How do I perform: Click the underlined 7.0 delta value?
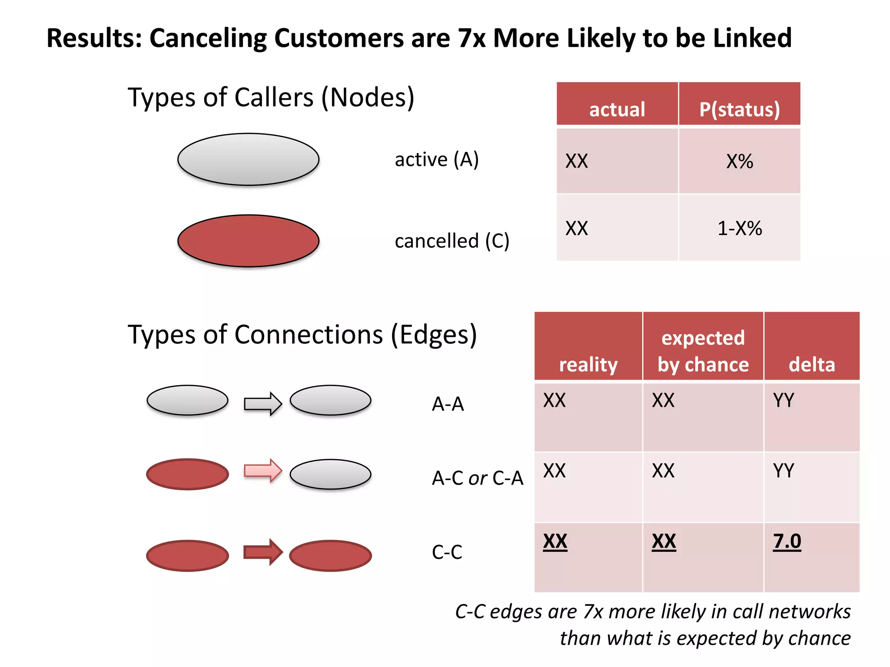(x=787, y=542)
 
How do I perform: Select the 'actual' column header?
(x=617, y=109)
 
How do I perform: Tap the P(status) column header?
(x=739, y=109)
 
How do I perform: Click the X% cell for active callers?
(x=739, y=162)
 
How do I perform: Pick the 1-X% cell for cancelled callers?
(x=739, y=228)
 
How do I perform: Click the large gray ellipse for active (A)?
(x=248, y=159)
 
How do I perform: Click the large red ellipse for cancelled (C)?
(x=248, y=241)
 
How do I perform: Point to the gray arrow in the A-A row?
(x=262, y=404)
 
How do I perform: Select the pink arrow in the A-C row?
(x=262, y=471)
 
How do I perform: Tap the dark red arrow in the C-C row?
(x=262, y=552)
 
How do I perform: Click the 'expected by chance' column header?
(x=703, y=351)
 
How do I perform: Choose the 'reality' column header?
(x=588, y=364)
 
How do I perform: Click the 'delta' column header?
(x=811, y=364)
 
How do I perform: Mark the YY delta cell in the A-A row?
(x=784, y=400)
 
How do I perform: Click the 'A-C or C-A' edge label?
(x=477, y=478)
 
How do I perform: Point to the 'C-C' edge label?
(x=447, y=552)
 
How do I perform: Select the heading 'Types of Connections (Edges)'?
(x=302, y=335)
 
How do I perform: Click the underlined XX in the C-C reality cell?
(x=555, y=542)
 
